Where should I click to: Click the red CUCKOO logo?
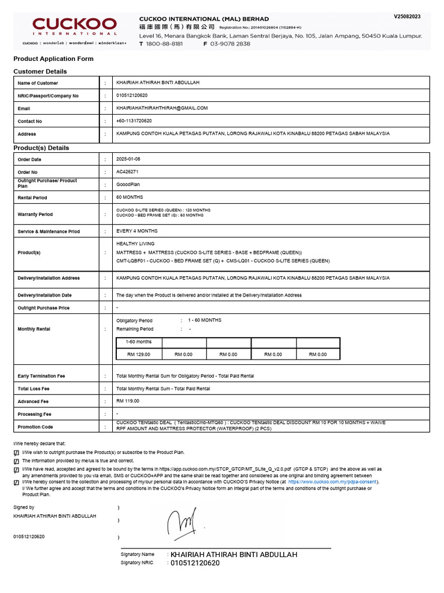pyautogui.click(x=75, y=26)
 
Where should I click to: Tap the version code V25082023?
pyautogui.click(x=408, y=17)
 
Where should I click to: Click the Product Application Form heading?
pyautogui.click(x=53, y=58)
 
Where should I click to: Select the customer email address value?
pyautogui.click(x=162, y=108)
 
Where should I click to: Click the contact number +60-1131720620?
pyautogui.click(x=134, y=121)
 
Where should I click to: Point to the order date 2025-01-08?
pyautogui.click(x=128, y=159)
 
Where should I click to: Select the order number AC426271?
pyautogui.click(x=127, y=172)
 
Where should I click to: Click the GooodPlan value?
pyautogui.click(x=128, y=185)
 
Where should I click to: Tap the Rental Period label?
pyautogui.click(x=32, y=198)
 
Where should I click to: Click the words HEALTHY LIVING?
pyautogui.click(x=135, y=244)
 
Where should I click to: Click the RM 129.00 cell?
pyautogui.click(x=139, y=354)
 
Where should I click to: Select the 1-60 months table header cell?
pyautogui.click(x=139, y=342)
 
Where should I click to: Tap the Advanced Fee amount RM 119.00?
pyautogui.click(x=128, y=401)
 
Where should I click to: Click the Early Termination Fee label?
pyautogui.click(x=42, y=376)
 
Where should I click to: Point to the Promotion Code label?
pyautogui.click(x=35, y=427)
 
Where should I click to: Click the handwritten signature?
pyautogui.click(x=184, y=523)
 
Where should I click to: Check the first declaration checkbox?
pyautogui.click(x=16, y=452)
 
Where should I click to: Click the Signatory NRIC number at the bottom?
pyautogui.click(x=195, y=563)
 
